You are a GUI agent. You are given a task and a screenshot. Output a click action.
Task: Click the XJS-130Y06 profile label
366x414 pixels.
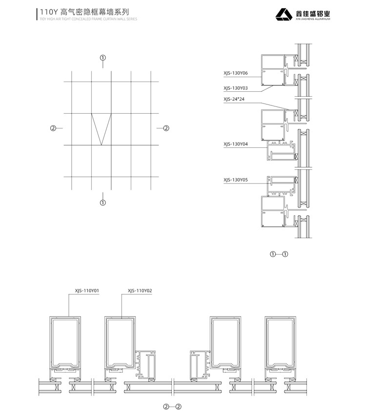[x=236, y=73]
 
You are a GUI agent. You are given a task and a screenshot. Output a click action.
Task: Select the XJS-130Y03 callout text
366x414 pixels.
[x=236, y=88]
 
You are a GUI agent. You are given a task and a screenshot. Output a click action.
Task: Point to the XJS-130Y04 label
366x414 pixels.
[x=236, y=144]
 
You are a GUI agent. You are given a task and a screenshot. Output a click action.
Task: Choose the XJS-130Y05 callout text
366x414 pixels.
[x=236, y=180]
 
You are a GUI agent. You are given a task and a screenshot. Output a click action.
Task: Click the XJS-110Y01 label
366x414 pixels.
[x=87, y=291]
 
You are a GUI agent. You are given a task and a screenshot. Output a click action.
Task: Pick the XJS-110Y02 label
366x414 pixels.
[x=140, y=291]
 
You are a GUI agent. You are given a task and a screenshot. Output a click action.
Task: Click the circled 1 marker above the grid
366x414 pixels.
[x=102, y=58]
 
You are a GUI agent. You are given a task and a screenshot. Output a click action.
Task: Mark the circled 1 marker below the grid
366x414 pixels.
[x=102, y=202]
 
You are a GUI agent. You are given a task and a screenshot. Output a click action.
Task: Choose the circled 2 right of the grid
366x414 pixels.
[x=166, y=128]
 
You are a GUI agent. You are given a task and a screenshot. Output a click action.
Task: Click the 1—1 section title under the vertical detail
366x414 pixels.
[x=279, y=254]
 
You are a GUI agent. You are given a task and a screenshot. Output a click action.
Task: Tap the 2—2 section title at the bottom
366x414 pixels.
[x=172, y=406]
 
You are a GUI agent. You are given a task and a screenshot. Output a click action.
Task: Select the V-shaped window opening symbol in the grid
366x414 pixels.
[x=101, y=129]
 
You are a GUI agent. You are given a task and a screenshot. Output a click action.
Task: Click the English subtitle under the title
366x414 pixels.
[x=88, y=19]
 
